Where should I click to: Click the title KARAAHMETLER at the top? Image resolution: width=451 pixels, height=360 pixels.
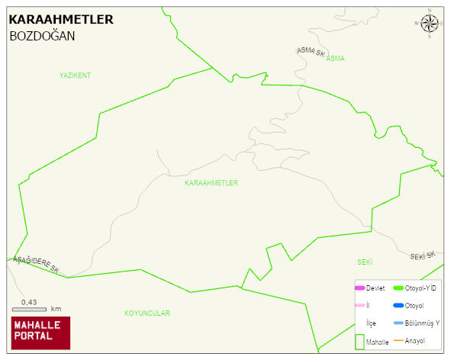[x=60, y=20]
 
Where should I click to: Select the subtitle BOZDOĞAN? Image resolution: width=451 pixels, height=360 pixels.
[x=42, y=36]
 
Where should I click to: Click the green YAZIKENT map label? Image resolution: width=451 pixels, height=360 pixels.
[x=75, y=76]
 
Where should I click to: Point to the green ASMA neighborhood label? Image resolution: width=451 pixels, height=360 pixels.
[x=335, y=59]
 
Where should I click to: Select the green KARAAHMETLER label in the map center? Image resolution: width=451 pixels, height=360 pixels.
[x=211, y=184]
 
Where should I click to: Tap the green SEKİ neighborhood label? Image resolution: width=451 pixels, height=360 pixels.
[x=364, y=262]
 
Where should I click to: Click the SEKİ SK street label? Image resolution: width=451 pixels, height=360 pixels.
[x=422, y=256]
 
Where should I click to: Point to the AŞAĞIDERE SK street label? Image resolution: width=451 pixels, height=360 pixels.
[x=36, y=264]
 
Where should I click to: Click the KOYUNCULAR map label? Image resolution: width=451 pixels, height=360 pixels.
[x=147, y=313]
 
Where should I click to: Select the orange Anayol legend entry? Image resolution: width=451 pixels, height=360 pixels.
[x=413, y=340]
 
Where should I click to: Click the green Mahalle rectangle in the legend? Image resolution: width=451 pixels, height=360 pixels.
[x=359, y=341]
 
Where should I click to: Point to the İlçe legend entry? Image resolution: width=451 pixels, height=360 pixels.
[x=371, y=323]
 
